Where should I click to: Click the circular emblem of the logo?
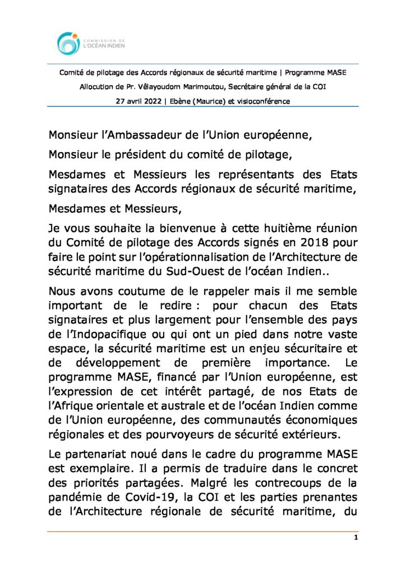(68, 43)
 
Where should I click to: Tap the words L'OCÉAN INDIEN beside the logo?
(104, 46)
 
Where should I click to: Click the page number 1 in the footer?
(356, 538)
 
